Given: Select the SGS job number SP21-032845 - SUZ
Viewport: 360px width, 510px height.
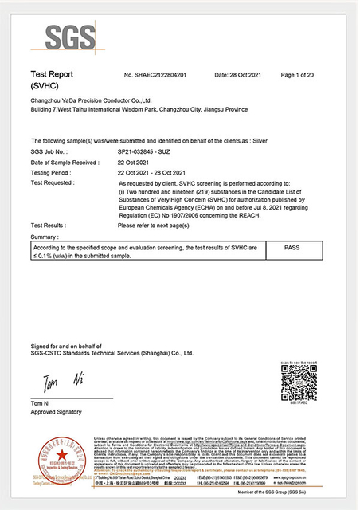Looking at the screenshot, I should (151, 151).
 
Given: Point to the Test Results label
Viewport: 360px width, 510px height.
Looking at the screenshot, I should (47, 226).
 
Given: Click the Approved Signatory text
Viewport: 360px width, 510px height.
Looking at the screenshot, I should (57, 411).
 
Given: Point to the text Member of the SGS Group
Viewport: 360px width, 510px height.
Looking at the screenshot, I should (294, 496).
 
